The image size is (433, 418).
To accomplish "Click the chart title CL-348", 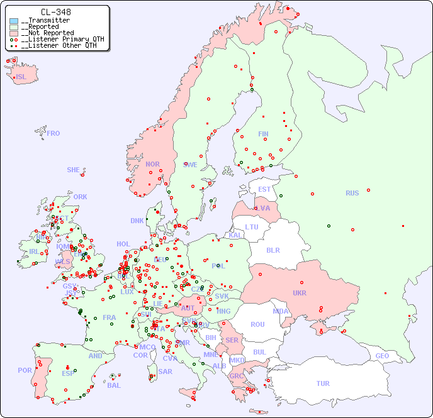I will coord(55,12).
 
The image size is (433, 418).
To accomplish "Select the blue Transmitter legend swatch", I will coord(14,21).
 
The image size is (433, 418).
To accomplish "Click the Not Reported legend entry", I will coord(47,33).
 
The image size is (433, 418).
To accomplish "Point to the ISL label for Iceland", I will coord(21,77).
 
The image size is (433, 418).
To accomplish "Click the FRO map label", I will coord(53,133).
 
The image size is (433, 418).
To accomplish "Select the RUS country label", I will coord(352,193).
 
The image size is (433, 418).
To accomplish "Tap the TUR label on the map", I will coord(323,383).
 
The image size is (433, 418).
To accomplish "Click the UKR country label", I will coord(300,293).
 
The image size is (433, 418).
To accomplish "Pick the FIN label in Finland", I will coord(263,134).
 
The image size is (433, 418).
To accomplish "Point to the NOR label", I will coord(152,164).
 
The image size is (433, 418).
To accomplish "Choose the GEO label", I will coord(382,356).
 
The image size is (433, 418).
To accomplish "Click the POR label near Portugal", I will coord(25,370).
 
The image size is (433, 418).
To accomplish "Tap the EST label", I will coord(264,189).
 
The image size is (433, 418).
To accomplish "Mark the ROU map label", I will coord(257,324).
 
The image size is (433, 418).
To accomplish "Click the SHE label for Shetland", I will coord(74,170).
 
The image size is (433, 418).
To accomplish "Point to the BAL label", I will coord(113,385).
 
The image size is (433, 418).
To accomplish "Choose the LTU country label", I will coord(252,227).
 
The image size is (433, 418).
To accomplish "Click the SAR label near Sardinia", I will coord(165,371).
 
